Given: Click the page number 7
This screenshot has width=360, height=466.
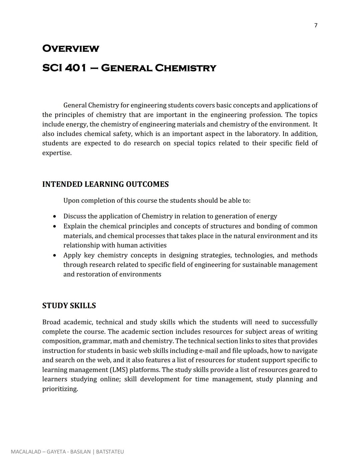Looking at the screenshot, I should tap(316, 25).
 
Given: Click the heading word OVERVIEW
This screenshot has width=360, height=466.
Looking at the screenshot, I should tap(71, 49).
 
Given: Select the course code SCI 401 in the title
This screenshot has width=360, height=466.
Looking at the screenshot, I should tap(64, 68).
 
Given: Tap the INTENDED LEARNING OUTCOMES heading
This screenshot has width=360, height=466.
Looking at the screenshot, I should tap(105, 184).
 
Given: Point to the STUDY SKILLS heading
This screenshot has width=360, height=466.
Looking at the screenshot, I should tap(69, 306).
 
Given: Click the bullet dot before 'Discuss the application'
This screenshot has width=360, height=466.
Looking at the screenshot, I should tap(55, 216).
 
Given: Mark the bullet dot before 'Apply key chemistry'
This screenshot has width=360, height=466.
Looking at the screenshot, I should tap(55, 256).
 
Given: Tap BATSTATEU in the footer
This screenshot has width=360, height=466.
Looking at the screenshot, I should tap(110, 452).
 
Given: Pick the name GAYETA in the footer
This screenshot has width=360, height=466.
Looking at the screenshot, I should tap(56, 452).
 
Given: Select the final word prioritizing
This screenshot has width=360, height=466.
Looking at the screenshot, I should tap(60, 389).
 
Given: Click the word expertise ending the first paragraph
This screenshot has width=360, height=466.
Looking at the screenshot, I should tap(57, 153).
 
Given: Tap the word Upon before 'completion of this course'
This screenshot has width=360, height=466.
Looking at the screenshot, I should tap(71, 200).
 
